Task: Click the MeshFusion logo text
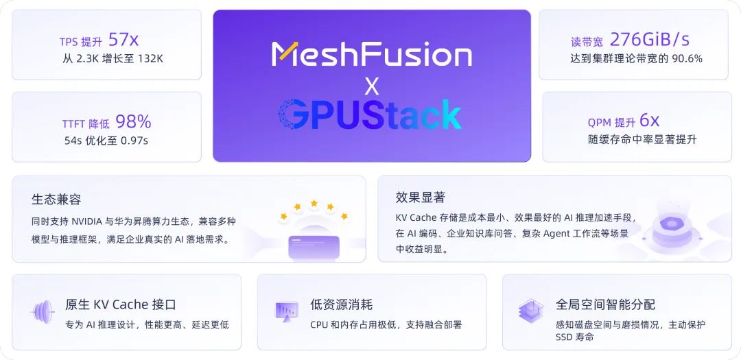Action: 371,53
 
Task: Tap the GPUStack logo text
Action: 370,114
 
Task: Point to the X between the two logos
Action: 372,86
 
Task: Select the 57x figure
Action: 123,40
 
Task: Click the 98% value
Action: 133,122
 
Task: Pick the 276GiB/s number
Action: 650,40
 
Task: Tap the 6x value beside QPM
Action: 649,121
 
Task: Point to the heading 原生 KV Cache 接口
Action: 121,304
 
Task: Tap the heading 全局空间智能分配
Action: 605,304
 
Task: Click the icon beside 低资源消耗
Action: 286,311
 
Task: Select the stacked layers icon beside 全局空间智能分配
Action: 531,311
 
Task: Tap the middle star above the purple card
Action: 314,204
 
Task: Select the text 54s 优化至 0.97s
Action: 106,141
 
